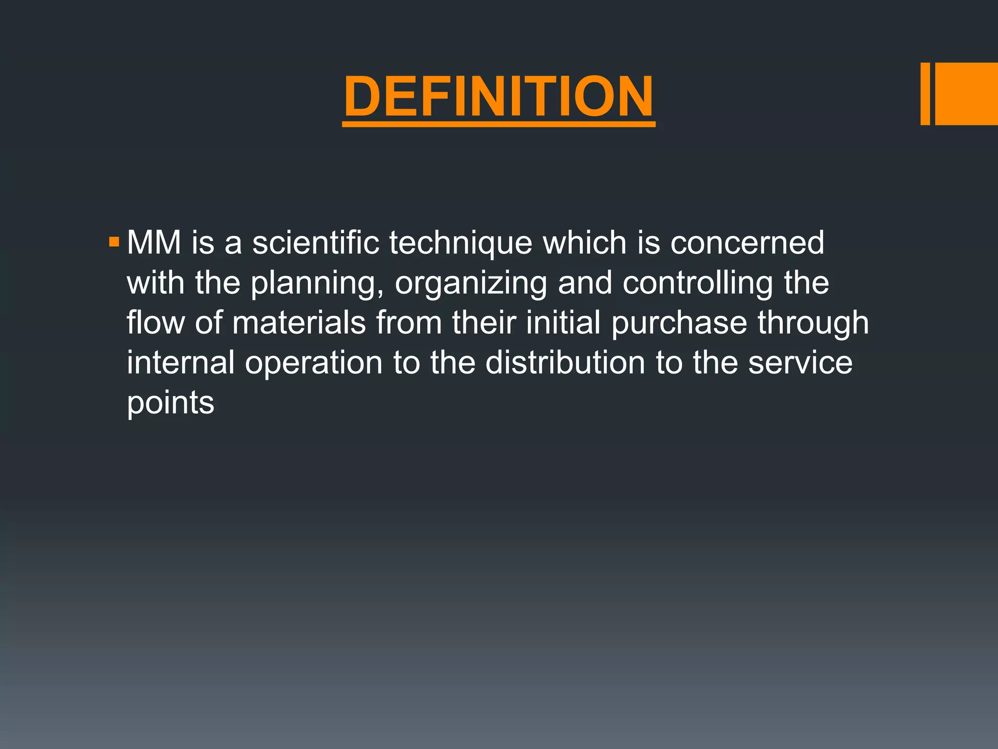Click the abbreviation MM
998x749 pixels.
154,242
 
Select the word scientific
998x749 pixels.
316,242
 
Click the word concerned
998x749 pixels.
747,242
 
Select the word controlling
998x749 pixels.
698,283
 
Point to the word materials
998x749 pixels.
299,322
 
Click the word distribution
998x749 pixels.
565,362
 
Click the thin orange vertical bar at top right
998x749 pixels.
925,94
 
